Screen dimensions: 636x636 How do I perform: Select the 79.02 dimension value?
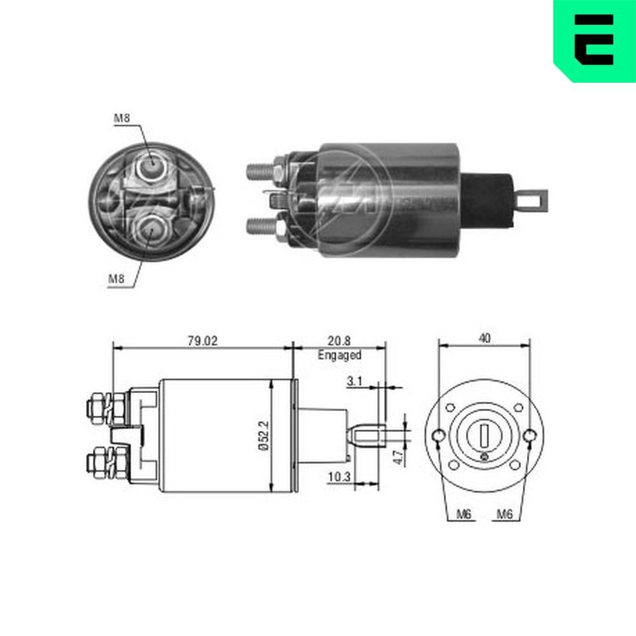[202, 341]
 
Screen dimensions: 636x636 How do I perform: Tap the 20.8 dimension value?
[339, 341]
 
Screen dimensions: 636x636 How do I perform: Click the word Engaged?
[340, 356]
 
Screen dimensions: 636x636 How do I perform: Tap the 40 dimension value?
[485, 339]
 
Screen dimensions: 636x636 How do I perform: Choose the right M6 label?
[504, 515]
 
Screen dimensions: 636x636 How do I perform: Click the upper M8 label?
[122, 118]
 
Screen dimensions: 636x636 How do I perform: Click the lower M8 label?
[116, 278]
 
